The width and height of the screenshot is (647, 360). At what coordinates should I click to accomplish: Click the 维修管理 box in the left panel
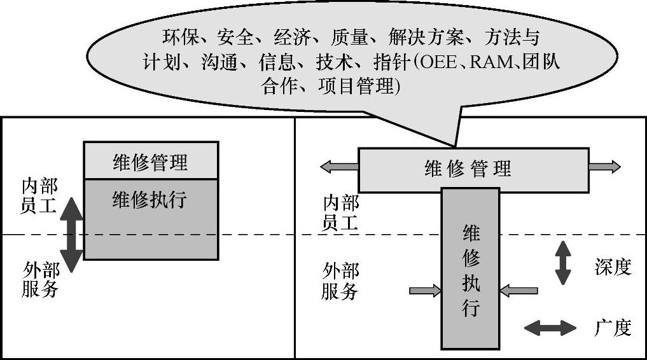click(x=151, y=161)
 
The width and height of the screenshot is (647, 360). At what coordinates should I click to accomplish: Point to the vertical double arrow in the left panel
click(x=73, y=235)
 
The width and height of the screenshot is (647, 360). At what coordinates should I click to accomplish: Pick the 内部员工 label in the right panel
click(x=341, y=212)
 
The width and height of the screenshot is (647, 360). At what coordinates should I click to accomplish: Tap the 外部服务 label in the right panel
click(x=340, y=281)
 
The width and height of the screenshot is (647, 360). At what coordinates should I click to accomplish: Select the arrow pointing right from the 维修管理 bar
click(x=604, y=167)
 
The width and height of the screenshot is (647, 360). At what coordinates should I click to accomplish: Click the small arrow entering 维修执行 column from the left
click(x=425, y=291)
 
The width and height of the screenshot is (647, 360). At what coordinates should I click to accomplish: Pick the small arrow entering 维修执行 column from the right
click(x=518, y=291)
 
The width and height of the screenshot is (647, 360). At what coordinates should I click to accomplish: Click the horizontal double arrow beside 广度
click(x=550, y=328)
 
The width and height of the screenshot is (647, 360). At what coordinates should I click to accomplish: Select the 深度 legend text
click(x=613, y=267)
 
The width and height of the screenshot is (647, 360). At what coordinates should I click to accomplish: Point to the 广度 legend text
click(x=613, y=328)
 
